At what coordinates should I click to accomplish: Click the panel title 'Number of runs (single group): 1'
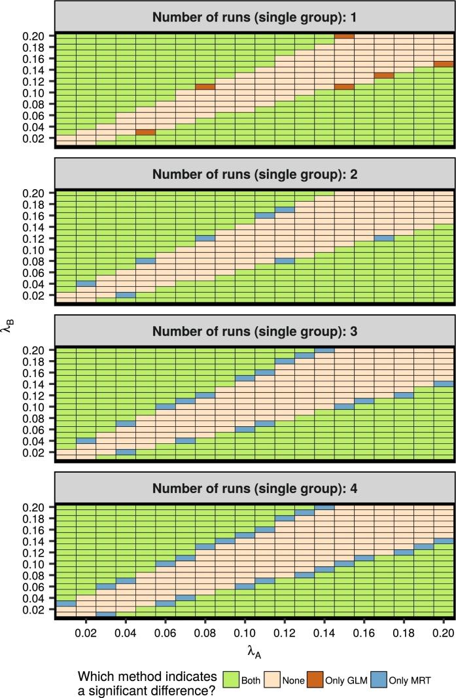pyautogui.click(x=255, y=18)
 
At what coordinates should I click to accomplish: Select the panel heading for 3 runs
pyautogui.click(x=255, y=331)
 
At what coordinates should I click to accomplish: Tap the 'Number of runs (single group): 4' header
pyautogui.click(x=255, y=488)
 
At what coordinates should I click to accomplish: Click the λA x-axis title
pyautogui.click(x=255, y=651)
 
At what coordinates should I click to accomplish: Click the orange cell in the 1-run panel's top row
pyautogui.click(x=344, y=35)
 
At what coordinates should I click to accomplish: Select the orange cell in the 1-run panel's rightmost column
pyautogui.click(x=444, y=64)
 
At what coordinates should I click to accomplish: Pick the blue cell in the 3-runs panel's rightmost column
pyautogui.click(x=444, y=384)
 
